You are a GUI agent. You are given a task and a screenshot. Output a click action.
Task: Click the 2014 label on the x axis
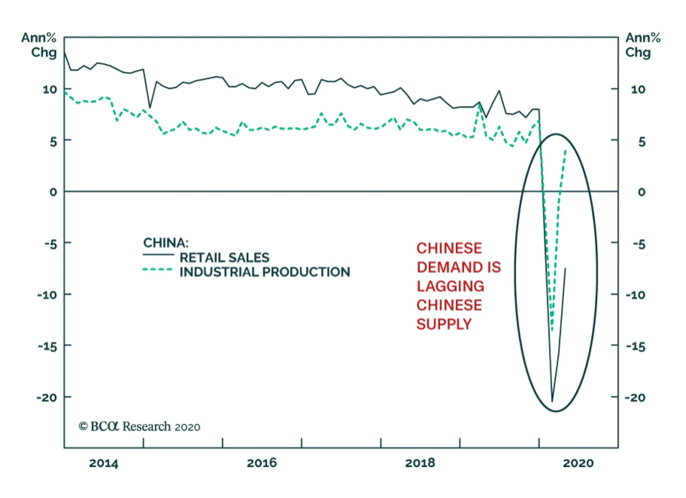(x=103, y=463)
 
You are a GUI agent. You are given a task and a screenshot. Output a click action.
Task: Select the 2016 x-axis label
(x=262, y=463)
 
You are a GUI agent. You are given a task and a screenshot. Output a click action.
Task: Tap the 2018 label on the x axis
(x=420, y=463)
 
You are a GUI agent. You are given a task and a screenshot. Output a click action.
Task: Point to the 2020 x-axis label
(x=578, y=463)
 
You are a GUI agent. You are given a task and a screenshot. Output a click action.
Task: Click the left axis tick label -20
(x=47, y=398)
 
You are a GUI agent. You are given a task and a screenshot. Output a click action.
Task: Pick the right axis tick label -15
(x=635, y=346)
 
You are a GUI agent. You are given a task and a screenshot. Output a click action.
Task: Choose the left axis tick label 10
(x=49, y=90)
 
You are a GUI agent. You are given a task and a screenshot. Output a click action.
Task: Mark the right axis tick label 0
(x=641, y=192)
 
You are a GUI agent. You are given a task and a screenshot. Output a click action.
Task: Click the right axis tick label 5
(x=641, y=142)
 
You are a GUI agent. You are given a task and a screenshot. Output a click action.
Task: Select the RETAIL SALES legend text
(x=224, y=258)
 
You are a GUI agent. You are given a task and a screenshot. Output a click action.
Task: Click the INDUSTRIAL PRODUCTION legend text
(x=265, y=272)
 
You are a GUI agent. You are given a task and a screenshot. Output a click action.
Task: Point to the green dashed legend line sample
(x=157, y=270)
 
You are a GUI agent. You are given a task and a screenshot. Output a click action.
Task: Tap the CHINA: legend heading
(x=165, y=243)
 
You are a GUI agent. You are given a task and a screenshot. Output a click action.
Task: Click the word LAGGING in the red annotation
(x=450, y=286)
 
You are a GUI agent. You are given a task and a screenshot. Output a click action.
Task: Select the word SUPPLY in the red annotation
(x=444, y=324)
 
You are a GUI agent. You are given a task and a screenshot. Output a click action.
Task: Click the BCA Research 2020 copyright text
(x=139, y=426)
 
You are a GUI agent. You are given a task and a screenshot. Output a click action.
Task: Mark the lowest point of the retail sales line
(x=552, y=402)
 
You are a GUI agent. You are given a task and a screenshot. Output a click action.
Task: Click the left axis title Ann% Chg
(x=39, y=45)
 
